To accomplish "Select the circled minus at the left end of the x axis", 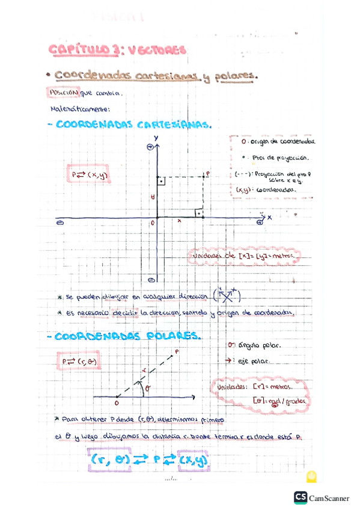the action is pyautogui.click(x=59, y=222).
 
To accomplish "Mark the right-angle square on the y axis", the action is pyautogui.click(x=161, y=180).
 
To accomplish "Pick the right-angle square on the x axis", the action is pyautogui.click(x=198, y=212).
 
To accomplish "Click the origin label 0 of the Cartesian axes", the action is pyautogui.click(x=153, y=223).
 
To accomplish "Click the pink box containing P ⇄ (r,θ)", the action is pyautogui.click(x=78, y=362).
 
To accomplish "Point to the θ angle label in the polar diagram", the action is pyautogui.click(x=148, y=389).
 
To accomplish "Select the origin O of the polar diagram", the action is pyautogui.click(x=116, y=404).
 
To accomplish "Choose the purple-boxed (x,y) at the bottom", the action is pyautogui.click(x=195, y=461).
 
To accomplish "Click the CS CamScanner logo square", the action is pyautogui.click(x=301, y=498).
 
